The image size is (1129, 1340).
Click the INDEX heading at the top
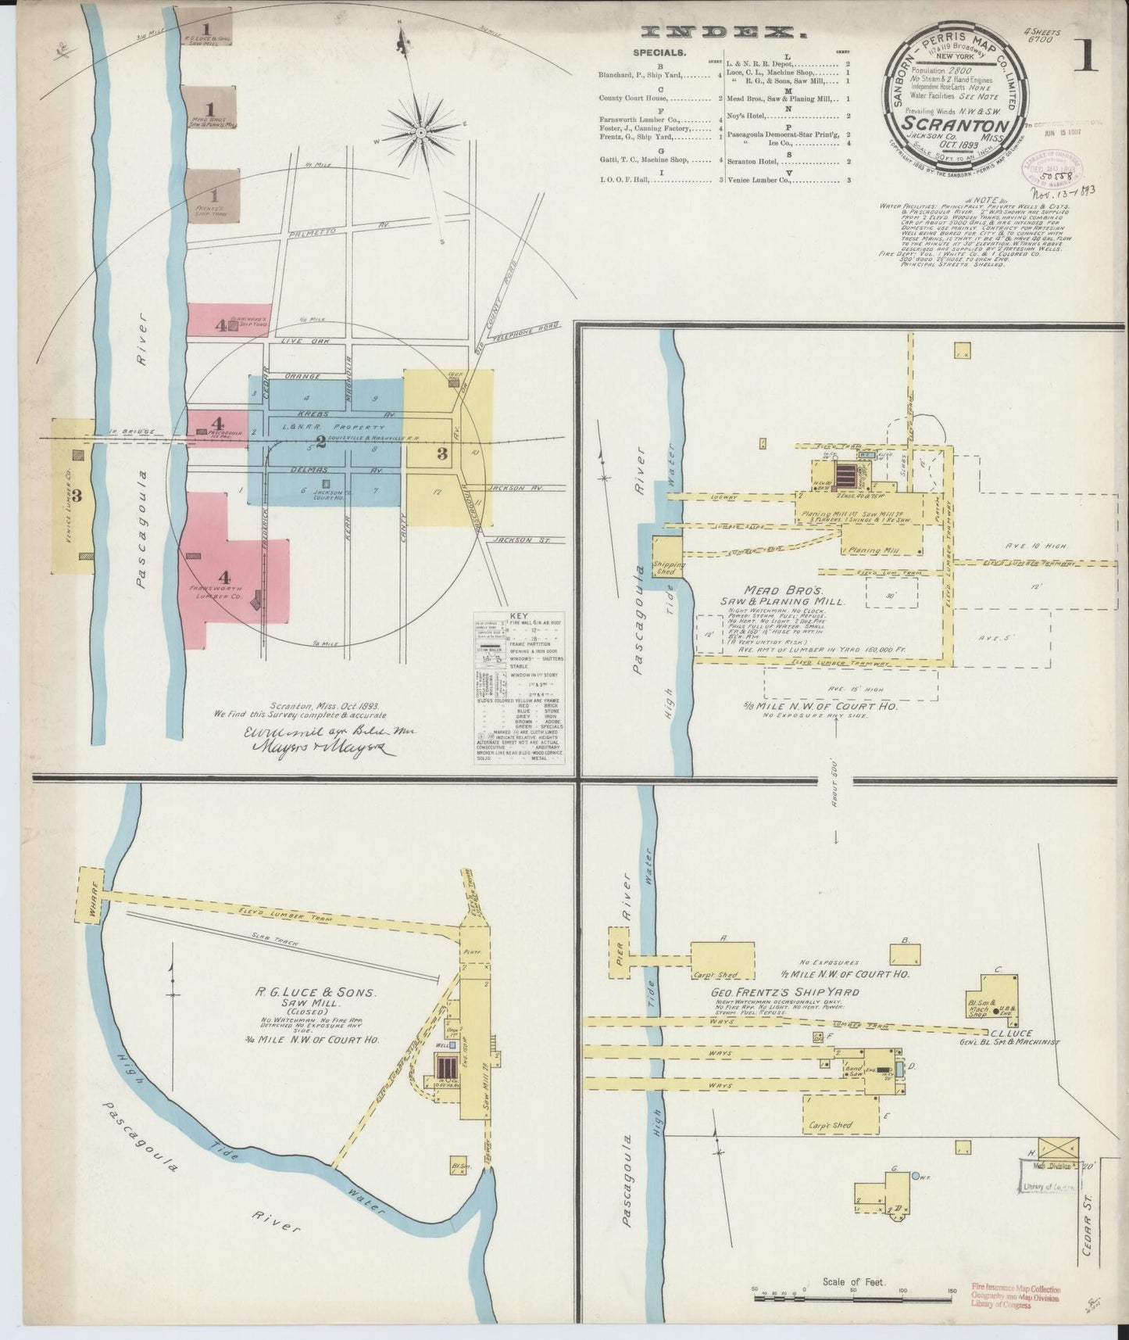tap(713, 32)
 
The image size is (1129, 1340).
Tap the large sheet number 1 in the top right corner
tap(1085, 56)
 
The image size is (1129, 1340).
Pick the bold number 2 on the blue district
tap(320, 440)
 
